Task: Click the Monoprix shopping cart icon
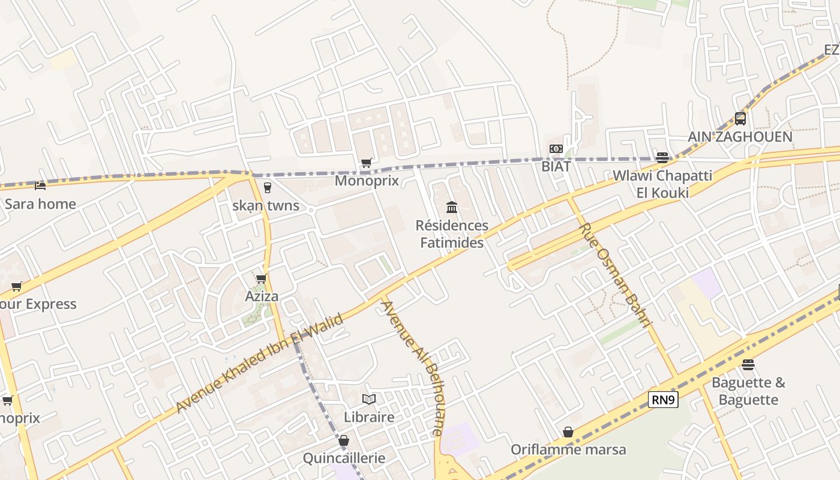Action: point(366,163)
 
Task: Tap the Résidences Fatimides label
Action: point(452,234)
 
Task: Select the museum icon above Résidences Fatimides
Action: point(452,208)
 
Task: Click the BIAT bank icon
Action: point(556,149)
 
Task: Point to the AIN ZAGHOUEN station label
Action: point(740,137)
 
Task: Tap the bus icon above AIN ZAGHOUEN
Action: point(740,118)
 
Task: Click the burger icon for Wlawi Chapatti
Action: point(662,158)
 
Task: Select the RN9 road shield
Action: point(663,400)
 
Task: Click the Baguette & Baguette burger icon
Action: point(748,365)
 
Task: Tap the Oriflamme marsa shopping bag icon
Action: point(568,432)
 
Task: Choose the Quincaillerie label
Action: point(344,458)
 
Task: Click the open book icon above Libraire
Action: point(369,399)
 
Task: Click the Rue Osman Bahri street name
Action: point(616,275)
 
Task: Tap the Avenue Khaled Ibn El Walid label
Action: point(259,363)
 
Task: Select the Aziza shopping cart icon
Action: point(262,278)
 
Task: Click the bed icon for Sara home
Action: point(40,186)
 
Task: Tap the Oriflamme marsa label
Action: point(568,449)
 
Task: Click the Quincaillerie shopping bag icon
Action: point(344,441)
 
